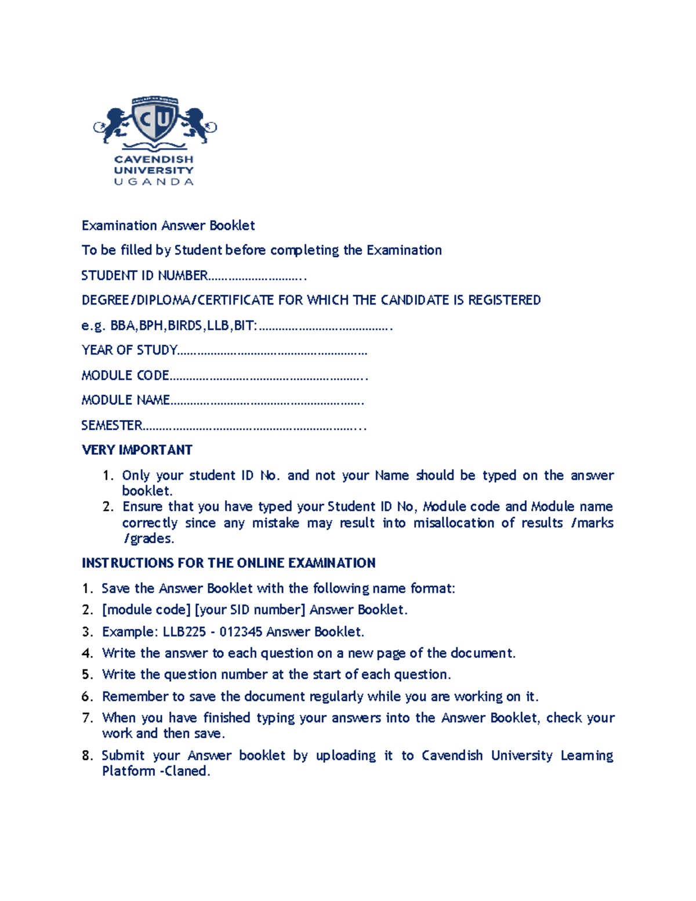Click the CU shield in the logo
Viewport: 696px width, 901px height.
coord(154,120)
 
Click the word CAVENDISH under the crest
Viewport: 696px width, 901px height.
coord(154,159)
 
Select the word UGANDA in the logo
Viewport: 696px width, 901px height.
coord(154,182)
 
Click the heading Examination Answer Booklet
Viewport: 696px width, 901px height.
coord(168,225)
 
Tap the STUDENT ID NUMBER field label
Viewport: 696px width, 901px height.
coord(144,275)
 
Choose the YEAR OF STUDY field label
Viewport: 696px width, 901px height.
coord(129,350)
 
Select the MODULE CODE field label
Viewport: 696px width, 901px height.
coord(125,375)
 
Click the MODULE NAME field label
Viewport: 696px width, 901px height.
coord(126,400)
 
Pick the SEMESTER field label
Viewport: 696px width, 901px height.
coord(112,425)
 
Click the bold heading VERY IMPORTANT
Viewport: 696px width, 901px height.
coord(137,450)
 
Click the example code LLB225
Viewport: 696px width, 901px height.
coord(184,631)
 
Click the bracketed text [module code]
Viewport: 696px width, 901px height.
coord(146,610)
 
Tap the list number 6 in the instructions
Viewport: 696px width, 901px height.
coord(87,696)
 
